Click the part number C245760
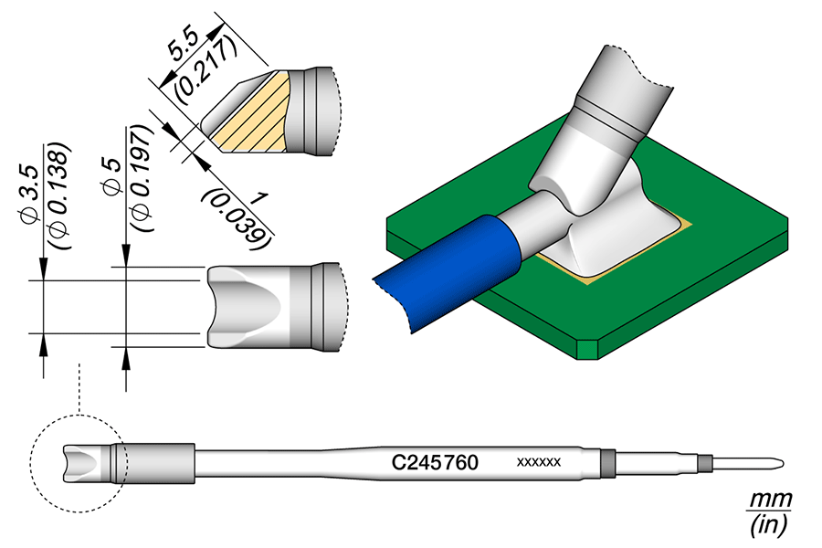pos(435,462)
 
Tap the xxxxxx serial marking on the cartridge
pos(539,462)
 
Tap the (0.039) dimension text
pos(239,218)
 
